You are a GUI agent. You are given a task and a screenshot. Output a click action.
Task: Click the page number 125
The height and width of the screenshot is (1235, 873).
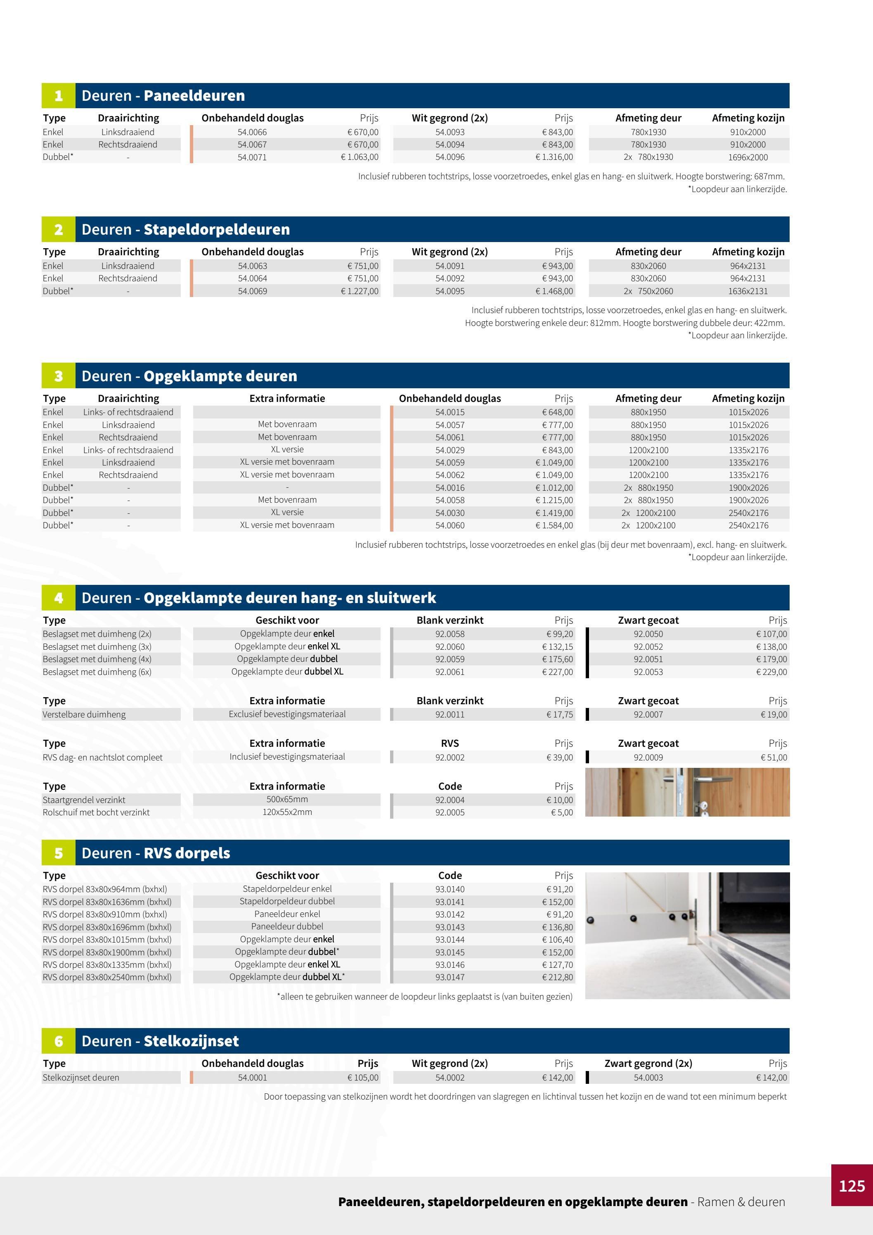click(x=852, y=1186)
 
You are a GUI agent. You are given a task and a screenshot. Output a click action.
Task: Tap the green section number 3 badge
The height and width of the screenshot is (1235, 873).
click(x=58, y=376)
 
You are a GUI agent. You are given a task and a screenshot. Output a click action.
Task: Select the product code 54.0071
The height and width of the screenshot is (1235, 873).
click(x=252, y=157)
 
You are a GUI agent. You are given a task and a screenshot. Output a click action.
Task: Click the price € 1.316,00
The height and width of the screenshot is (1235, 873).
click(x=554, y=157)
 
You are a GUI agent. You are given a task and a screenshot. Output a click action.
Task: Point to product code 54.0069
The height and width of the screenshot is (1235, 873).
click(x=252, y=291)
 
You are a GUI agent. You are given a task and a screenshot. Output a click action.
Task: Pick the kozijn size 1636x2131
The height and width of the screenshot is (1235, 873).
click(x=748, y=291)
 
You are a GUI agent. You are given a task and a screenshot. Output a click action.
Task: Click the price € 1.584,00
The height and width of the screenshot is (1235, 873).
click(x=554, y=525)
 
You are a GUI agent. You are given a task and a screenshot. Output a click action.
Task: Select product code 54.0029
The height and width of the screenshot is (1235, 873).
click(x=450, y=450)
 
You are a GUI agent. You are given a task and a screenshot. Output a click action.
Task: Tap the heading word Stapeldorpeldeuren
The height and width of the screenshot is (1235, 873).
click(x=217, y=230)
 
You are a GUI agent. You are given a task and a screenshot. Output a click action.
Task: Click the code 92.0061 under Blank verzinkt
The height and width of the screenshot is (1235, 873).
click(x=450, y=672)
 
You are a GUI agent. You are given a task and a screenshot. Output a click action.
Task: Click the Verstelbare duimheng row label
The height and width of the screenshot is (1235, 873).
click(x=84, y=714)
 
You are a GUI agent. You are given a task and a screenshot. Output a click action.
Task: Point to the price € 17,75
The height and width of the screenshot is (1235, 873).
click(x=560, y=714)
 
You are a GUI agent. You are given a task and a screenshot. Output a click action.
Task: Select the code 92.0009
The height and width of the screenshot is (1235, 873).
click(x=648, y=758)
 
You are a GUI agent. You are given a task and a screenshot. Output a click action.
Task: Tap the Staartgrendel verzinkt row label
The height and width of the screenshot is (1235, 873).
click(x=84, y=800)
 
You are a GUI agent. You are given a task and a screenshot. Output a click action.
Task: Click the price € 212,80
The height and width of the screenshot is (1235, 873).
click(x=558, y=977)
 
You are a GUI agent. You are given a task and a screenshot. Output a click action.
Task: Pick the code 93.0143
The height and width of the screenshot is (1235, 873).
click(x=450, y=927)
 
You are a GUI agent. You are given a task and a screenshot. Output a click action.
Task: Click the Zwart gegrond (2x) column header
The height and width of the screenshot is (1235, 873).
click(x=648, y=1064)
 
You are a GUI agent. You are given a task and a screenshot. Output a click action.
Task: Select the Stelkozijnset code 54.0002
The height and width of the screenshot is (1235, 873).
click(x=450, y=1077)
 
